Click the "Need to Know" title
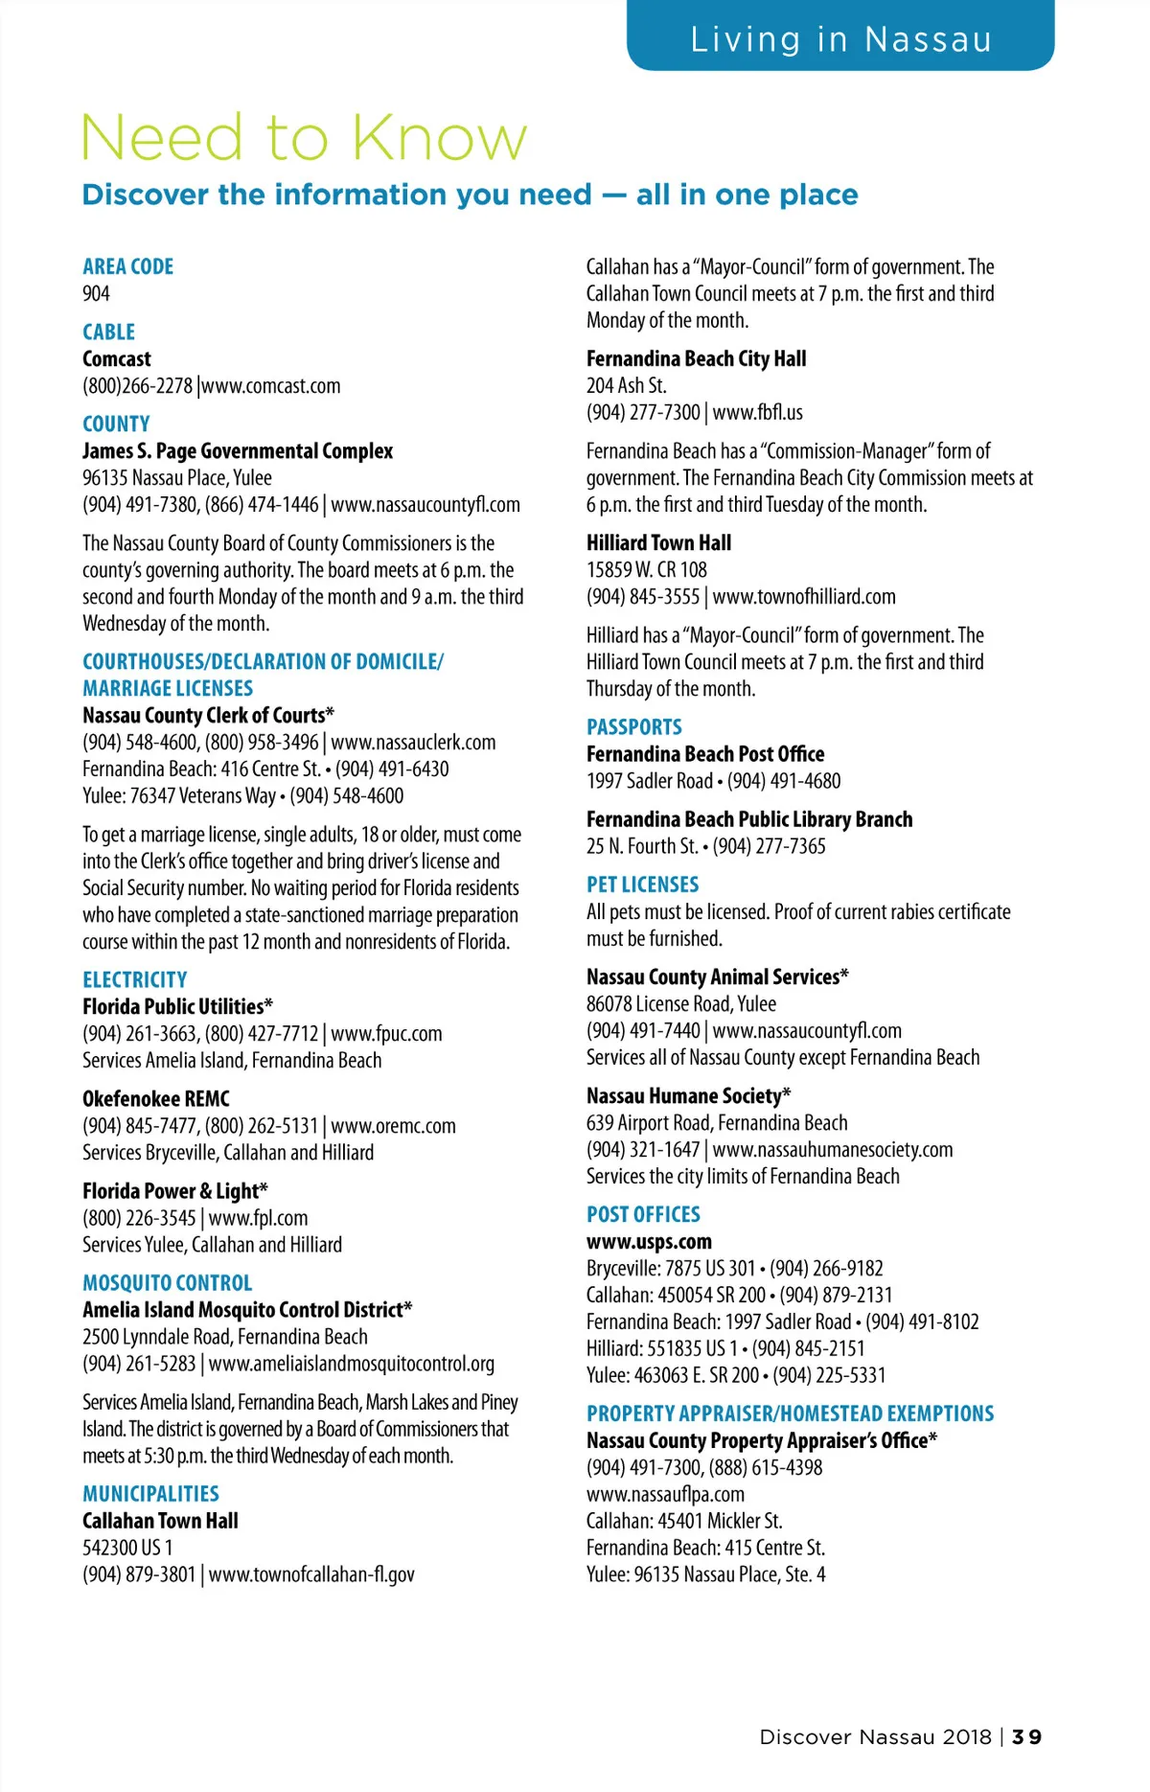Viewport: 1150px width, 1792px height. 304,138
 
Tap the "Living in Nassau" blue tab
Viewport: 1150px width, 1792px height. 840,39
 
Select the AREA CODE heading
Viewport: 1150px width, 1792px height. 127,266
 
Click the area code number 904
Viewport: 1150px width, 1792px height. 96,293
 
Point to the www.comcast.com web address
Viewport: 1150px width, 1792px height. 271,386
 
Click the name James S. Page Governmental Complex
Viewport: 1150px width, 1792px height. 238,450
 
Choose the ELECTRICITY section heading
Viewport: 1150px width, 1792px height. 134,979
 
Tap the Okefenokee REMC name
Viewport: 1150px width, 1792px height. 156,1098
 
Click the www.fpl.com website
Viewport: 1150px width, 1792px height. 258,1218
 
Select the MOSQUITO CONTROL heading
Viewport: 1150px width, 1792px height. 167,1282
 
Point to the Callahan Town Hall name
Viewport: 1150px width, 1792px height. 160,1520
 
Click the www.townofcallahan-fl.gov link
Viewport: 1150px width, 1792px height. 311,1574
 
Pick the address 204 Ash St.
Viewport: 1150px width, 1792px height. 626,385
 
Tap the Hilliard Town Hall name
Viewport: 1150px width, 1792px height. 658,542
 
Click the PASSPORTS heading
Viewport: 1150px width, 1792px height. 633,726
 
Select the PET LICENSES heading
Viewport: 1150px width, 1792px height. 642,885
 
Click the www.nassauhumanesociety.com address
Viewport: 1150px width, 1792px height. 833,1149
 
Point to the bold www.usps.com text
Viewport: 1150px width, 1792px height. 649,1241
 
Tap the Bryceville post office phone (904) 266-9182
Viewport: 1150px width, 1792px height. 827,1268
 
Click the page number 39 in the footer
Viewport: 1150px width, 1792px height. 1026,1736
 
